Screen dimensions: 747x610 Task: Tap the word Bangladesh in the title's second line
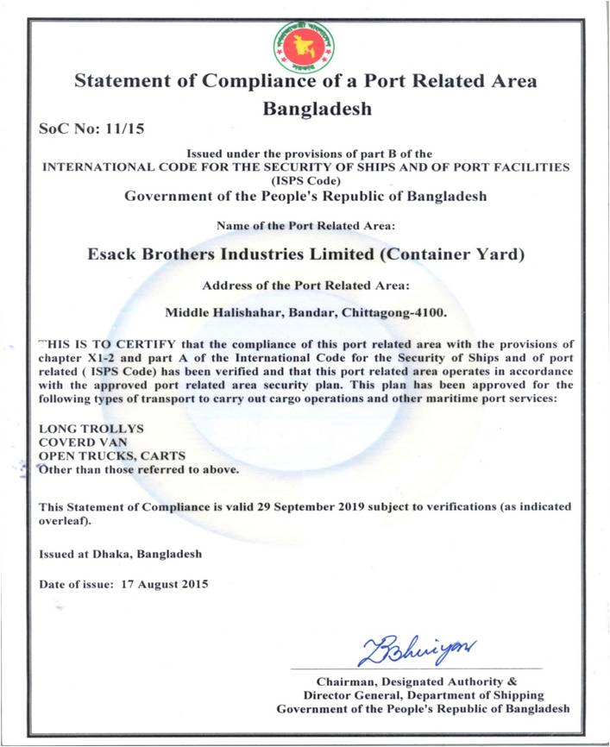(317, 110)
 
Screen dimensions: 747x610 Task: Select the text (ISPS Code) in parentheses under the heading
(306, 180)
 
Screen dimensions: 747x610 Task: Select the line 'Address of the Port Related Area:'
(305, 285)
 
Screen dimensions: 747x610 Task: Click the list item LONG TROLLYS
(80, 429)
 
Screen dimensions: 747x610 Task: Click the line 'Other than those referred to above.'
(139, 470)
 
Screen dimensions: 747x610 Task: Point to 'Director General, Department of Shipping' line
(424, 695)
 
